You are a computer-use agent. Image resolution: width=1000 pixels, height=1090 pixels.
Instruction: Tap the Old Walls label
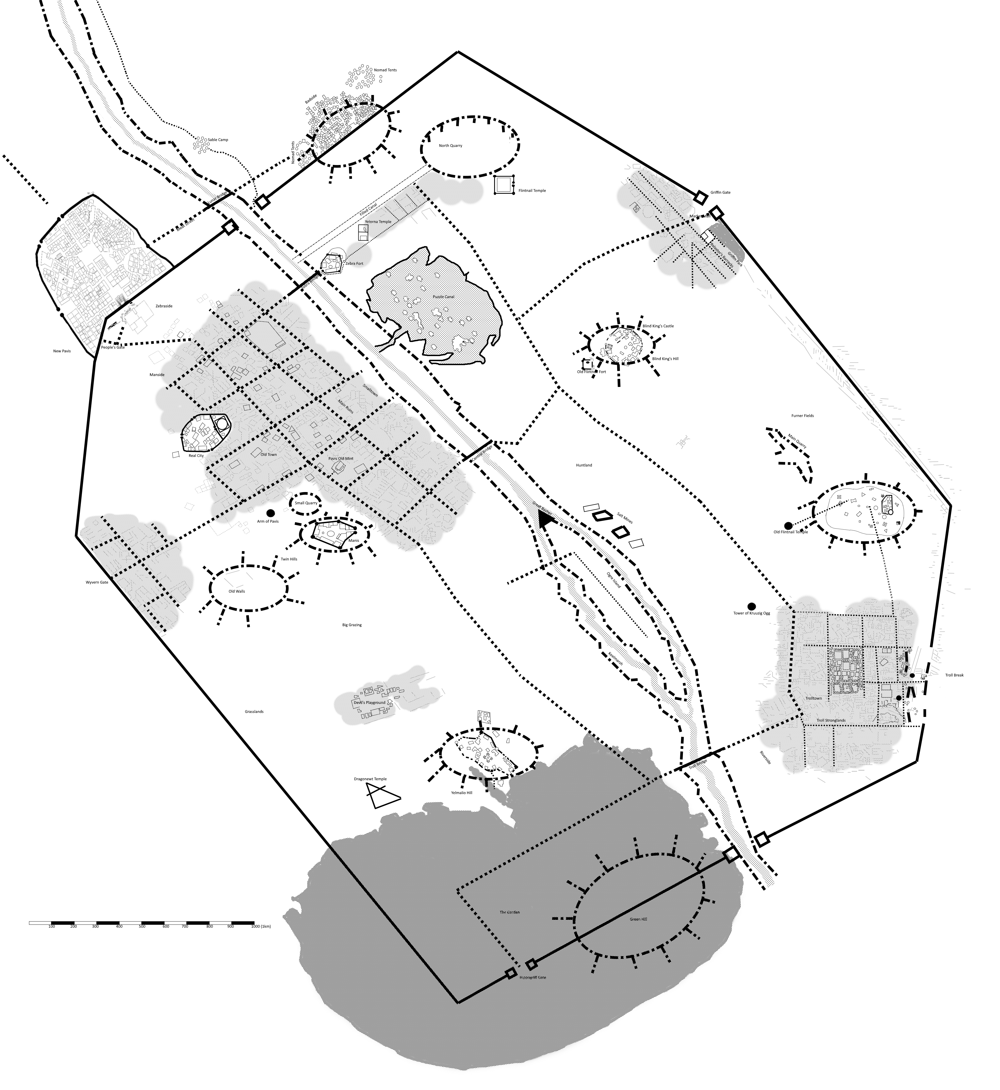coord(236,591)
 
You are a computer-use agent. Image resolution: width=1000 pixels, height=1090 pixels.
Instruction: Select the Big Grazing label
coord(352,625)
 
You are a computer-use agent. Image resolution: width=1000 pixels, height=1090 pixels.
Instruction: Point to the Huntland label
coord(584,465)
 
